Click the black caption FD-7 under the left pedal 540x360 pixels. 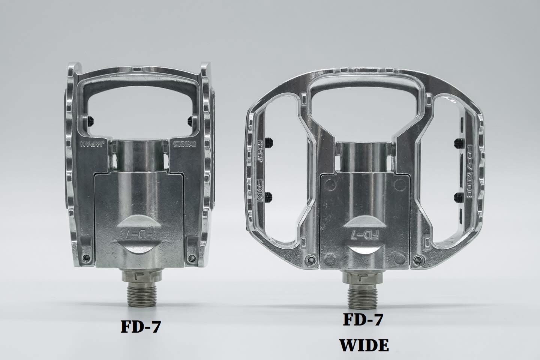pyautogui.click(x=141, y=327)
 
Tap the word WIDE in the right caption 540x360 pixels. pyautogui.click(x=364, y=345)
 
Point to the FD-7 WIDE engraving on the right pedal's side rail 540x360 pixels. pyautogui.click(x=472, y=171)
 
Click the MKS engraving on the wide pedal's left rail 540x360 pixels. pyautogui.click(x=260, y=190)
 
